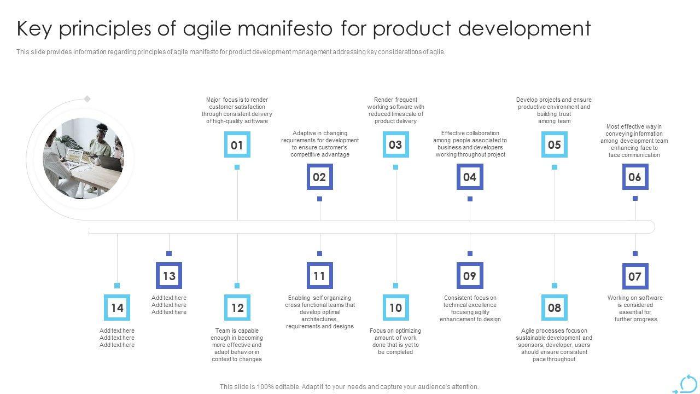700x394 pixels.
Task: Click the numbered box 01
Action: [x=237, y=144]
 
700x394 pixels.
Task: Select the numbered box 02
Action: [x=320, y=177]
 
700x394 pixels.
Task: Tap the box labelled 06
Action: [x=635, y=177]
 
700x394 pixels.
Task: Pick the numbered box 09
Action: [x=470, y=275]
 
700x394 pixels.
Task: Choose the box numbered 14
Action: [x=117, y=308]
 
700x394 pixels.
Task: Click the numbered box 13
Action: [x=169, y=275]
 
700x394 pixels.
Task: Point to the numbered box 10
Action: [x=396, y=308]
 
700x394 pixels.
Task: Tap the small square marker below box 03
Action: [x=395, y=167]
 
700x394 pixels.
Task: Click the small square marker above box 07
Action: [x=635, y=253]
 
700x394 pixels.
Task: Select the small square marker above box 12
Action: [x=237, y=286]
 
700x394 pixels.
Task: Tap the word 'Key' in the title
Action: [x=34, y=29]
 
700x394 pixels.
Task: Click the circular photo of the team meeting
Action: [x=83, y=159]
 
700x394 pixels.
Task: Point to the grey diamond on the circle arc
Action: [x=87, y=99]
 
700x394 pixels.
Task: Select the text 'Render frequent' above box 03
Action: [x=395, y=100]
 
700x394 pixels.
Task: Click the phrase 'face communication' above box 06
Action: [x=634, y=155]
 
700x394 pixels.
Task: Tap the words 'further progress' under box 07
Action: [x=635, y=319]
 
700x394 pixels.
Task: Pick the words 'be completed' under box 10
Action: [x=395, y=352]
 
